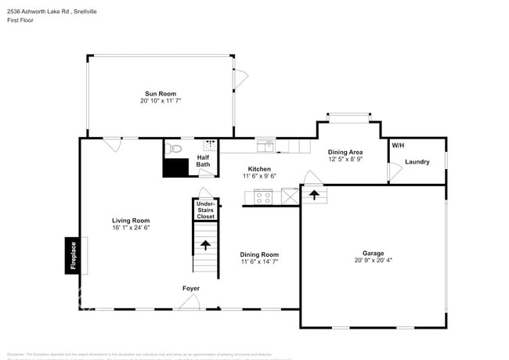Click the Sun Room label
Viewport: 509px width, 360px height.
[161, 93]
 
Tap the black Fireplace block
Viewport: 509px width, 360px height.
[70, 256]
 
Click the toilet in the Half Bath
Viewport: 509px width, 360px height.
[175, 146]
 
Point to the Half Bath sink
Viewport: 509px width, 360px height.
[210, 146]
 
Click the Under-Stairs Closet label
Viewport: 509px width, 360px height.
[205, 210]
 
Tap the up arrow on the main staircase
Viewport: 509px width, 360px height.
[205, 245]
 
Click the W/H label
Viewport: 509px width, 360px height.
[398, 146]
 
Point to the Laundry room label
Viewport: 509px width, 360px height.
[417, 162]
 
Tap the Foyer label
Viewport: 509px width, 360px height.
[191, 289]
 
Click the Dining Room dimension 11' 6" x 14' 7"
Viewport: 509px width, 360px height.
[259, 261]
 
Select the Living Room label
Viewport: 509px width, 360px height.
[131, 221]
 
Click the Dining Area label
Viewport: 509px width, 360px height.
[345, 152]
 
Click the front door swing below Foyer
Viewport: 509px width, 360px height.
[190, 301]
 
